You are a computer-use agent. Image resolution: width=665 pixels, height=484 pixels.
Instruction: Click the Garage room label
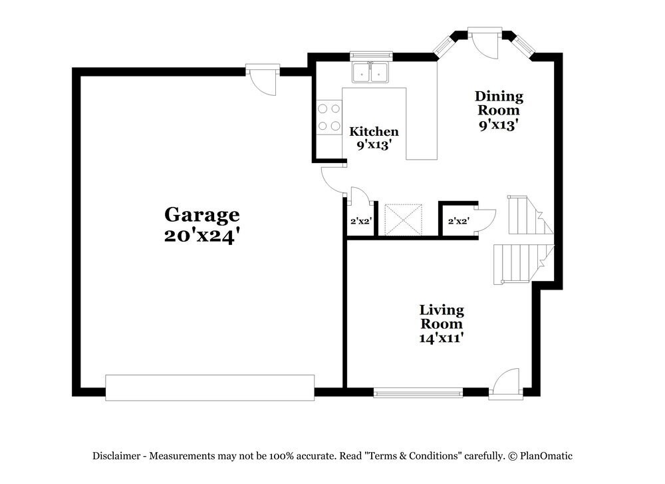[x=201, y=214]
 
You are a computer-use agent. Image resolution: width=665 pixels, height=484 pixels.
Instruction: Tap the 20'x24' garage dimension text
[x=201, y=236]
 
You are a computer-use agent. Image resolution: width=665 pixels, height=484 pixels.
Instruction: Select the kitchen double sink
[x=371, y=73]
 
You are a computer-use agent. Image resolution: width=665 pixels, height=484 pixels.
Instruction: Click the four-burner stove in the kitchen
[x=329, y=117]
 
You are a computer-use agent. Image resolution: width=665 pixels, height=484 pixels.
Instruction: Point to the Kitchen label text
[x=374, y=131]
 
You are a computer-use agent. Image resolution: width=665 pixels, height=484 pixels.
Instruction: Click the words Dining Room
[x=498, y=103]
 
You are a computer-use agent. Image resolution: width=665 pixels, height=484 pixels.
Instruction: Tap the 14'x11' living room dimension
[x=441, y=338]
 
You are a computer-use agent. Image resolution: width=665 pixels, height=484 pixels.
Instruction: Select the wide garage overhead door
[x=209, y=387]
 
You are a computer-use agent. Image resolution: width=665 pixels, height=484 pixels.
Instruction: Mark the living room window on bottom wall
[x=418, y=393]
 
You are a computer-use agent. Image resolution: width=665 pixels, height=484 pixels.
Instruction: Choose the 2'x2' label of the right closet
[x=459, y=220]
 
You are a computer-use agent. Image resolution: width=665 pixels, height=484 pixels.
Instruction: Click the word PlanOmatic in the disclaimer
[x=546, y=456]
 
